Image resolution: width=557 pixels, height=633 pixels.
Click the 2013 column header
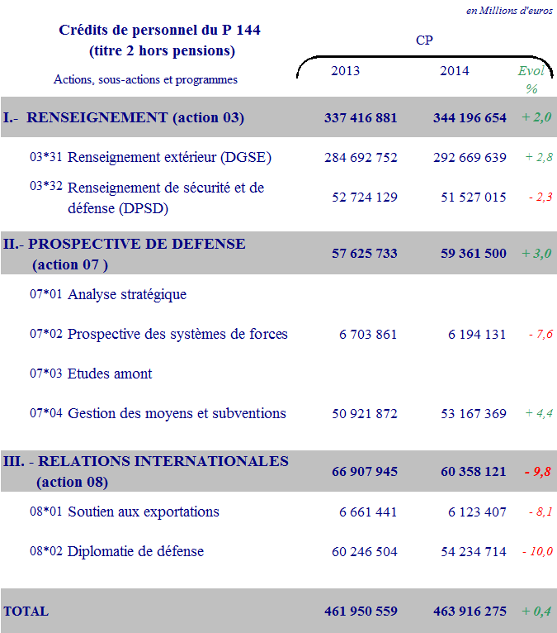point(345,71)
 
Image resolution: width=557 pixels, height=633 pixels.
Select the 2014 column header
point(454,71)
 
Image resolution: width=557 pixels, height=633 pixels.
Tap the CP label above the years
point(424,39)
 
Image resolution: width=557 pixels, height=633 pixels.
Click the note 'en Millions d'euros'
point(509,11)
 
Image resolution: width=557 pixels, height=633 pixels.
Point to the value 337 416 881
point(361,118)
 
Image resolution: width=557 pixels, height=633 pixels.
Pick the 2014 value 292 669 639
point(470,158)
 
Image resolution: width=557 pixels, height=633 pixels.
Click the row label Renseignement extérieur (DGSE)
point(169,157)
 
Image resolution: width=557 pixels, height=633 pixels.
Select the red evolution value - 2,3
point(540,197)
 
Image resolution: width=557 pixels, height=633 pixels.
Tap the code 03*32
point(46,187)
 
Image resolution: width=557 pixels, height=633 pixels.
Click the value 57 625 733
point(364,254)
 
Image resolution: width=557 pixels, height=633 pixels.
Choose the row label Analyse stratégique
point(127,294)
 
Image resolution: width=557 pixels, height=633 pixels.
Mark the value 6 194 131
point(477,335)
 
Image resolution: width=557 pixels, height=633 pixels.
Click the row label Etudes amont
point(110,374)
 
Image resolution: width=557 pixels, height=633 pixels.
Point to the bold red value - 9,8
point(537,472)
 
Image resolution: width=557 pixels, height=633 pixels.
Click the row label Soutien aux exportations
point(144,512)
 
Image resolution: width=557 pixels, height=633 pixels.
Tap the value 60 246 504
point(364,552)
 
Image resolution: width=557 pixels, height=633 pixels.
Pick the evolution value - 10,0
point(536,552)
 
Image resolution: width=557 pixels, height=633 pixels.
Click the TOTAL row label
point(26,612)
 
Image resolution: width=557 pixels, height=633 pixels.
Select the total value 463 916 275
point(470,612)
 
